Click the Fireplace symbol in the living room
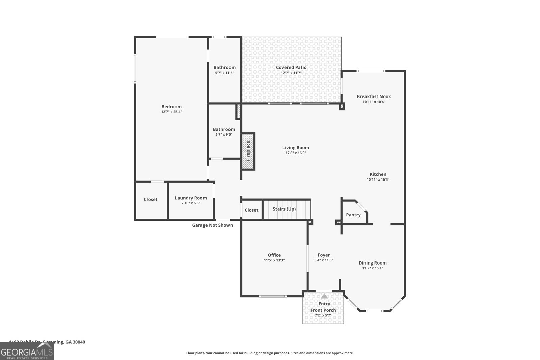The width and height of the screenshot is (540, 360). (248, 151)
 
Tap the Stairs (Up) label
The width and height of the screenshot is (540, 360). (284, 209)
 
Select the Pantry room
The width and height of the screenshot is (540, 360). (353, 215)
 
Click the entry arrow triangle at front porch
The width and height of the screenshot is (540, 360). (324, 296)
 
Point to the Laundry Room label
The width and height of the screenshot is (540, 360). (191, 198)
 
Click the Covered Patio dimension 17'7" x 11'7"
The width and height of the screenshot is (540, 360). (291, 73)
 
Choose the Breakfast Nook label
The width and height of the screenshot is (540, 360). (374, 96)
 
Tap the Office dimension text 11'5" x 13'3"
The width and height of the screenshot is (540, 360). (274, 260)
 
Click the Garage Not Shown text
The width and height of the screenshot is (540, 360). (212, 225)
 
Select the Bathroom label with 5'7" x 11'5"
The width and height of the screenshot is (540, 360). (224, 67)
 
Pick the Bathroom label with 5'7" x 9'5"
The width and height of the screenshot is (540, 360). (224, 129)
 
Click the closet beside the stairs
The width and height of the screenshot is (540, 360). (251, 210)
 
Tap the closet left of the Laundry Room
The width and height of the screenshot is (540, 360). (151, 199)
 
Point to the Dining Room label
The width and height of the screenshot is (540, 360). (373, 263)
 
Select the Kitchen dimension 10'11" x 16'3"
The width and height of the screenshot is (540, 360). (378, 180)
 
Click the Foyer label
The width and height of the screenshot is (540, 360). (324, 255)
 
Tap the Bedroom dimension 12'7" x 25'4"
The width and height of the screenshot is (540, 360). (171, 112)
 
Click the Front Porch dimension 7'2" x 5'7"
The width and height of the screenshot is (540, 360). (323, 316)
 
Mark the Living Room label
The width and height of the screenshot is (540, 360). (296, 147)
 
